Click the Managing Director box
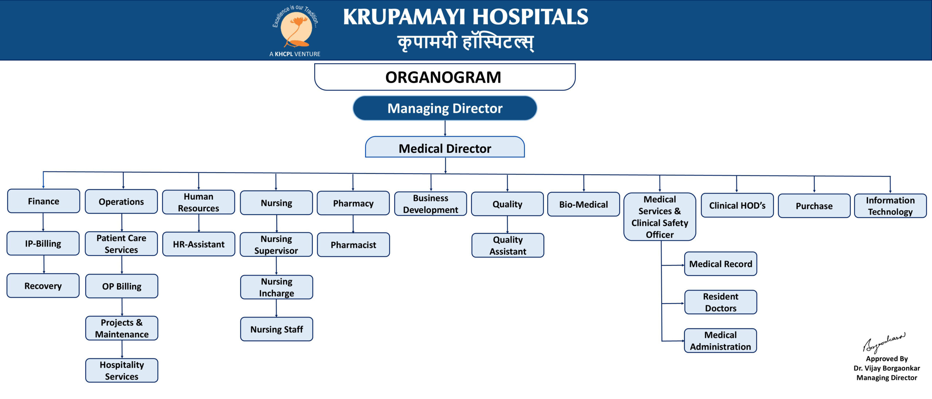pos(445,108)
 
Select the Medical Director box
pos(445,147)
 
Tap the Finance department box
pos(43,201)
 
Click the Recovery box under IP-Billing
pos(43,286)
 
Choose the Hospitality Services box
pos(122,370)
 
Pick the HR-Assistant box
pos(199,244)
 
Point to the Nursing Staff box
pos(277,329)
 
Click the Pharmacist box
pos(354,245)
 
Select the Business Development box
pos(431,204)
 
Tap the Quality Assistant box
pos(508,246)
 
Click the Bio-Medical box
pos(584,204)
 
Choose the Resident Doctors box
pos(721,302)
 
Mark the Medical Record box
pos(721,264)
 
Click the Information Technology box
pos(890,206)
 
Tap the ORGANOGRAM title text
pos(443,77)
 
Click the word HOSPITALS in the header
pos(530,17)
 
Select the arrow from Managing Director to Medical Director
pos(445,128)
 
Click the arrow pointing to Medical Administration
pos(673,341)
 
